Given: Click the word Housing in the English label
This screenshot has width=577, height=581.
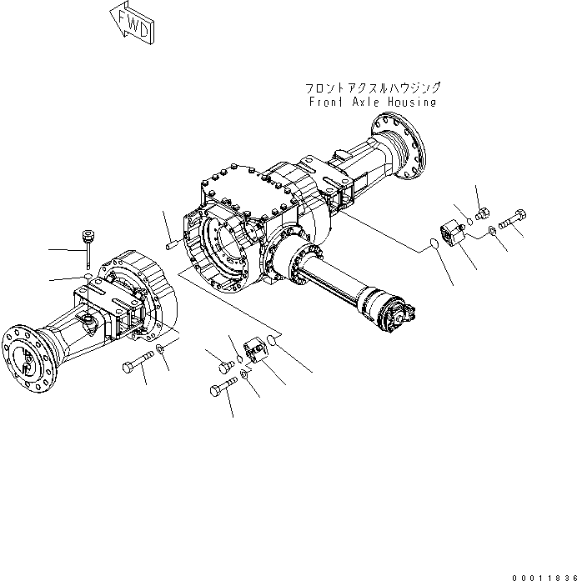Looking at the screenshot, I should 408,102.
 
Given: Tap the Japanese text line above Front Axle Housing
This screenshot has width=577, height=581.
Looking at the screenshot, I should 372,87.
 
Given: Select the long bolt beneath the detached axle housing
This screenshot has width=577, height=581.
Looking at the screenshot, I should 138,364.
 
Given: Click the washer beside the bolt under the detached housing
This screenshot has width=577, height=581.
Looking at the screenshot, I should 159,348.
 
